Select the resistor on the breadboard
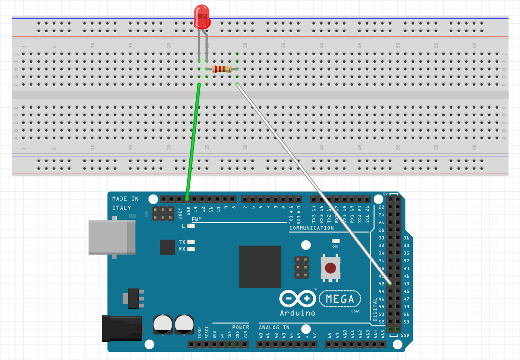point(222,69)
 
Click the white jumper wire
point(313,182)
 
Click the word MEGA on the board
point(340,299)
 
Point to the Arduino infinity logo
point(297,299)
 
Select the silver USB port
point(112,237)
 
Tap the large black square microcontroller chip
point(260,267)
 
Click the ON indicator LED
point(336,241)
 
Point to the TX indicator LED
point(191,242)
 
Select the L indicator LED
point(191,226)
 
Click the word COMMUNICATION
point(312,228)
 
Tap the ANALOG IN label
point(274,327)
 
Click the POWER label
point(240,327)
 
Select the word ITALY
point(122,208)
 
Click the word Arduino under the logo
point(297,313)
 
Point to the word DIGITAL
point(375,310)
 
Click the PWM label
point(197,220)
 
